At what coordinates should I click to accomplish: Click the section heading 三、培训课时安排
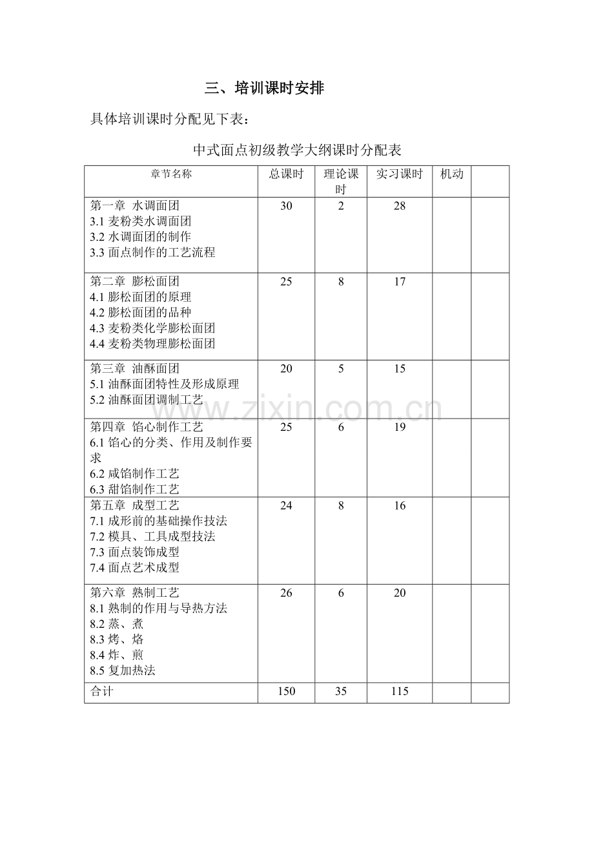click(x=264, y=88)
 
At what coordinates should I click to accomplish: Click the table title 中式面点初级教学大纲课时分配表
click(x=297, y=151)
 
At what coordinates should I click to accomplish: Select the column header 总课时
click(x=286, y=174)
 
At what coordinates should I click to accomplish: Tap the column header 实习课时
click(x=399, y=174)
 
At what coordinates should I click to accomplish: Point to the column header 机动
click(x=451, y=174)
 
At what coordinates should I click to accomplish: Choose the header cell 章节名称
click(x=171, y=174)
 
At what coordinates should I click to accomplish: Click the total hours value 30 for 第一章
click(x=286, y=206)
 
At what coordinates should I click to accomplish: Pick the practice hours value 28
click(x=400, y=206)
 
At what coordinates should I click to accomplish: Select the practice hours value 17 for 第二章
click(x=400, y=282)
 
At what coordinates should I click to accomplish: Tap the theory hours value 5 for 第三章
click(x=341, y=369)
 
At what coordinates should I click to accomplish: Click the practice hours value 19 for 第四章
click(x=400, y=427)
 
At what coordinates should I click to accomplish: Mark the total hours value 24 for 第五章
click(x=286, y=506)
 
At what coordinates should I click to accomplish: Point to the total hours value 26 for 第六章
click(x=286, y=593)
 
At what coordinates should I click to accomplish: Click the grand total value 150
click(x=286, y=692)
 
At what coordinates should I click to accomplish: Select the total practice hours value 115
click(x=400, y=692)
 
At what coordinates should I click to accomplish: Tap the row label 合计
click(x=101, y=692)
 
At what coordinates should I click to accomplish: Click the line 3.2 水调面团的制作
click(x=141, y=237)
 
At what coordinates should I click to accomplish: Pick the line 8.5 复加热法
click(x=123, y=670)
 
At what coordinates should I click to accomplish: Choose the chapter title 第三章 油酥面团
click(x=134, y=369)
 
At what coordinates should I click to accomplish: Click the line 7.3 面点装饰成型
click(x=134, y=552)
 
